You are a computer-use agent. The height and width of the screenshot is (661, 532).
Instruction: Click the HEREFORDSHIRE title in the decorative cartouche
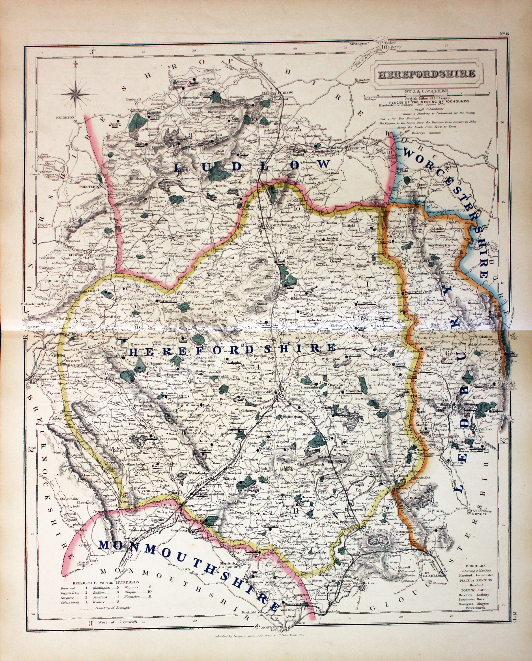coord(426,74)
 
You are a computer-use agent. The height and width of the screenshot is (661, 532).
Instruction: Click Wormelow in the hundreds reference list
coord(132,597)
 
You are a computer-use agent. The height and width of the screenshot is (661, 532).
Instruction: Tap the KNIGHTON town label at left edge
coord(65,117)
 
